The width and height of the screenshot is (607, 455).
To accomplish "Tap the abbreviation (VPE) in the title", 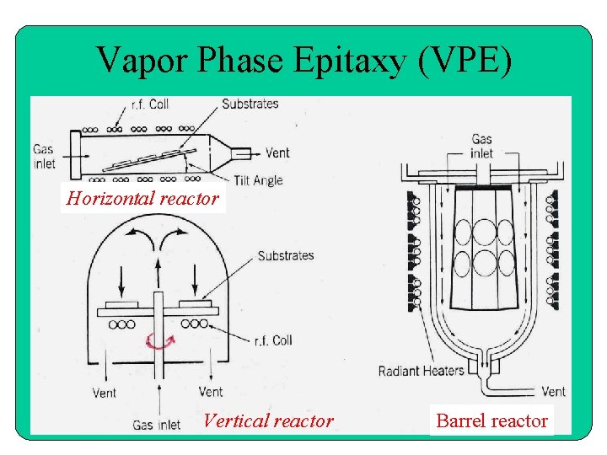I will pos(468,61).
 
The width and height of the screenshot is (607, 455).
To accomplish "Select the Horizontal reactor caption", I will pos(143,199).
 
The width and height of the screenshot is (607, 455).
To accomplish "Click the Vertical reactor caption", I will pos(268,420).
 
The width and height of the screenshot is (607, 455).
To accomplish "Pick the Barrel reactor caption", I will pos(492,420).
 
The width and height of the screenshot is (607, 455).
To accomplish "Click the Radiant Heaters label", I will pos(421,371).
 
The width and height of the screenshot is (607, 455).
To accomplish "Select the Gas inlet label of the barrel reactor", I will pos(482,146).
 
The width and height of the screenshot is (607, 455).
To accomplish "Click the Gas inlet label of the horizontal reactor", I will pos(45,156).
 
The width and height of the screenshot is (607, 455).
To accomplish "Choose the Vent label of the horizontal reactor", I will pos(277,153).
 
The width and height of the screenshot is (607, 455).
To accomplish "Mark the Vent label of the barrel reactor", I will pos(553,392).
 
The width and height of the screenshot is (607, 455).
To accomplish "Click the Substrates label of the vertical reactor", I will pos(286,255).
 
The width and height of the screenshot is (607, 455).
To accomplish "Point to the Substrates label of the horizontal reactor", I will pos(250,104).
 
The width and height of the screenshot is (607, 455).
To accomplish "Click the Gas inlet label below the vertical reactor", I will pos(156,425).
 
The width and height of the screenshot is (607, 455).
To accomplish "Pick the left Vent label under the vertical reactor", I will pos(105,392).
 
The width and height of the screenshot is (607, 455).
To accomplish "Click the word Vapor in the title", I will pos(142,61).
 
